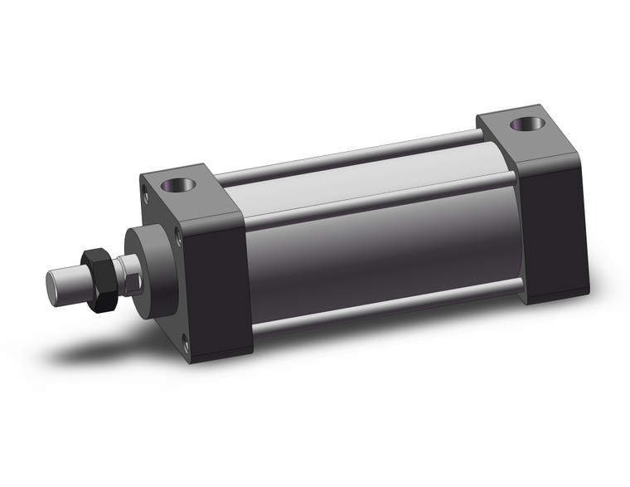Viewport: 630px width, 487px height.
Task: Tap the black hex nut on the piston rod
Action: pyautogui.click(x=99, y=280)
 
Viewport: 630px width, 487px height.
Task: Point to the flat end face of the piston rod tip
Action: pyautogui.click(x=51, y=283)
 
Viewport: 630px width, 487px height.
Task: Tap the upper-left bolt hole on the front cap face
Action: pyautogui.click(x=148, y=197)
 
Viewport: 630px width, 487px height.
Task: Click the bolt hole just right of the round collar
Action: pyautogui.click(x=179, y=240)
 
